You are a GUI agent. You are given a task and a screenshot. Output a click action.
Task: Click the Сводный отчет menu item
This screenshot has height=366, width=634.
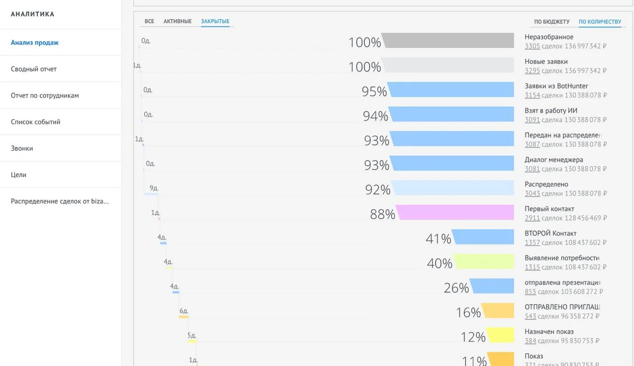point(34,69)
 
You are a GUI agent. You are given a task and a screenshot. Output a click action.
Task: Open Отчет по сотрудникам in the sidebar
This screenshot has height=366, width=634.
point(45,95)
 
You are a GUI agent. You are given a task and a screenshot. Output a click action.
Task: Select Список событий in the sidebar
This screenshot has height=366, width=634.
point(36,122)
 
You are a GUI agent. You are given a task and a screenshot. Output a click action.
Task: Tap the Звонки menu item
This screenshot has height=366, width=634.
point(22,148)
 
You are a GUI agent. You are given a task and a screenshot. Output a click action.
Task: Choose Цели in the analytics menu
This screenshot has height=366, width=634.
point(18,175)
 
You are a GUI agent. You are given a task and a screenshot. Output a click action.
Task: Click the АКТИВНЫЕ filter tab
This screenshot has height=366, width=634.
point(177,21)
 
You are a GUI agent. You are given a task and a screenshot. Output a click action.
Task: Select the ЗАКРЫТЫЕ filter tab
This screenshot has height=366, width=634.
point(215,21)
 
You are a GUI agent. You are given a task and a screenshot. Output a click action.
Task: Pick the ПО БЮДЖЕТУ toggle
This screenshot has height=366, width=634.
point(552,22)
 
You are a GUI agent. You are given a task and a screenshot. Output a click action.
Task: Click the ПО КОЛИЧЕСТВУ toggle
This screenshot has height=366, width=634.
point(600,22)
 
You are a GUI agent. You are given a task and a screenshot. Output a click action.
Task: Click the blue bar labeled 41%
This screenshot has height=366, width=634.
point(483,237)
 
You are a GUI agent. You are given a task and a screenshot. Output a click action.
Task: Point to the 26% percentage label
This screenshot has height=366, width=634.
point(456,288)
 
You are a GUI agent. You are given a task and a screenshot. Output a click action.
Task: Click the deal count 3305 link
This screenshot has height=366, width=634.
point(532,46)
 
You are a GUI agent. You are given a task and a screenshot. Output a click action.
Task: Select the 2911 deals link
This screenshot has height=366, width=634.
point(532,218)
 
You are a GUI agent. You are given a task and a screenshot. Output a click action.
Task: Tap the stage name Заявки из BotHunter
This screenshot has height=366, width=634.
point(556,86)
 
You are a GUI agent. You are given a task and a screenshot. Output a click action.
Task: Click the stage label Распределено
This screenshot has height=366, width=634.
point(546,184)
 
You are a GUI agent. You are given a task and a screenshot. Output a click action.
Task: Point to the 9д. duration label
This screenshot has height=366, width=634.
point(154,188)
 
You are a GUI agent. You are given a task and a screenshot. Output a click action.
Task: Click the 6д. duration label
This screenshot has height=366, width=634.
point(184,311)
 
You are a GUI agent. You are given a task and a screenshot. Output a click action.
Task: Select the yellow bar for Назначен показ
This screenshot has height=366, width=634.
point(500,335)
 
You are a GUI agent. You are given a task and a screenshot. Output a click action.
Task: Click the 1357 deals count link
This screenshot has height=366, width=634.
point(532,243)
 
